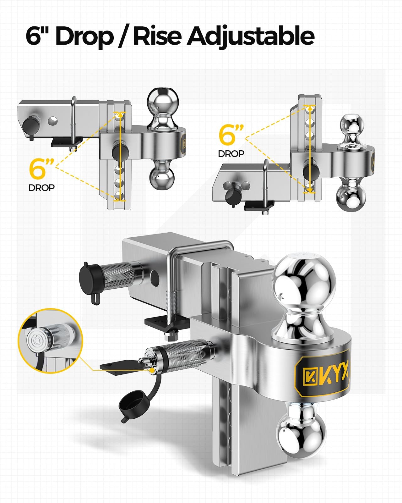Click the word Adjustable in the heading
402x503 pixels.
point(251,36)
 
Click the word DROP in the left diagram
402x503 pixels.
point(41,188)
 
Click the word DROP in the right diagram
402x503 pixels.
point(231,153)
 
